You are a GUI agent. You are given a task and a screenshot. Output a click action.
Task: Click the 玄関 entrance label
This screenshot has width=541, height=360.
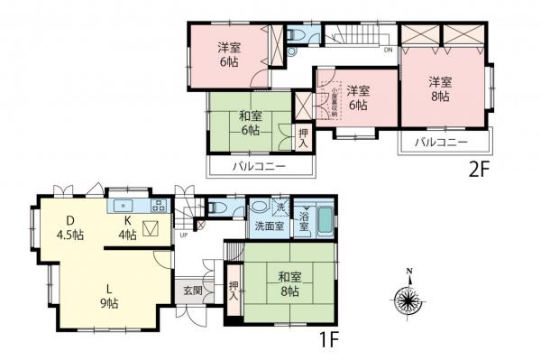[x=193, y=290]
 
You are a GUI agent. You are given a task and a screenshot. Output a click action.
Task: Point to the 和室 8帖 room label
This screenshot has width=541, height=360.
[x=288, y=285]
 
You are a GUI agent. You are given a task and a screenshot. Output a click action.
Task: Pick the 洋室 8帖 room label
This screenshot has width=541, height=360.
[x=441, y=88]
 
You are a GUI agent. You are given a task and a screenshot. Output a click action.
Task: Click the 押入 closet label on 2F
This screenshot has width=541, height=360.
[x=304, y=138]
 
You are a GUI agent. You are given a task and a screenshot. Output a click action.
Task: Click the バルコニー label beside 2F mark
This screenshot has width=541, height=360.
[x=441, y=143]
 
